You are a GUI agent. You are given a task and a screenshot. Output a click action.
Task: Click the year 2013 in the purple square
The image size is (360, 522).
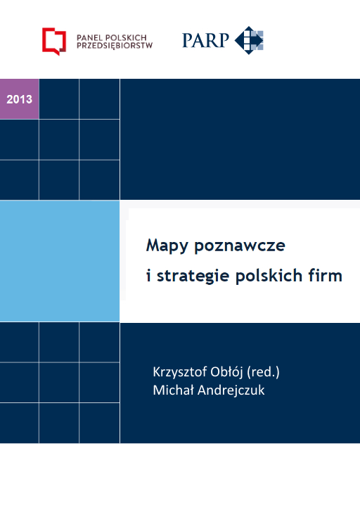(x=19, y=99)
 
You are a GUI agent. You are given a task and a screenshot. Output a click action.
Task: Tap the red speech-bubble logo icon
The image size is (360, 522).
(x=53, y=40)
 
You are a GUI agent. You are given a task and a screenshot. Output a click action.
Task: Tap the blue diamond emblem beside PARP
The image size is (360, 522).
(x=249, y=39)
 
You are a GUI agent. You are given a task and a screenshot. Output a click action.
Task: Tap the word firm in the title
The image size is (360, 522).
(x=326, y=275)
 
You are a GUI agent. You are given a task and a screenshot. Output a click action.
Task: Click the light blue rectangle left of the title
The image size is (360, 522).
(x=60, y=260)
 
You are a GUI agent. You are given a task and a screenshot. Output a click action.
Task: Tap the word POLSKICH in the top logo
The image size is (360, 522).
(x=128, y=35)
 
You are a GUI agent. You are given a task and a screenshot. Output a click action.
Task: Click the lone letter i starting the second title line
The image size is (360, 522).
(x=148, y=275)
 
